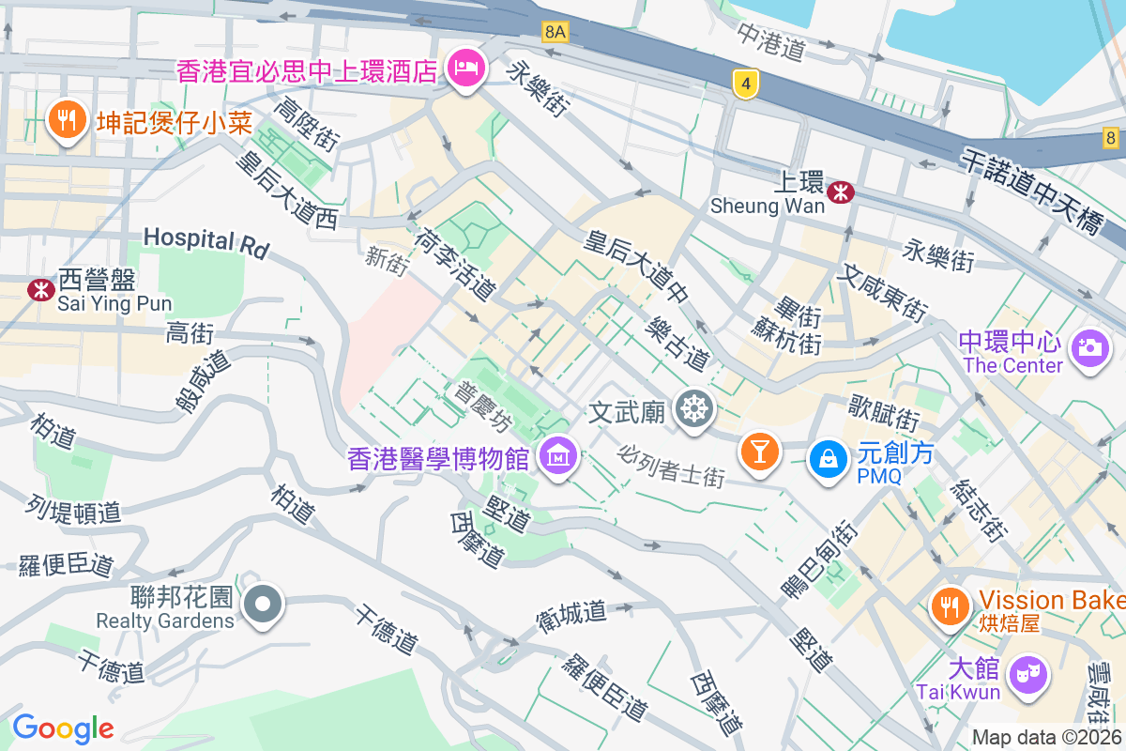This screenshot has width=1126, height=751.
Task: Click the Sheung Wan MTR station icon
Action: click(x=842, y=192)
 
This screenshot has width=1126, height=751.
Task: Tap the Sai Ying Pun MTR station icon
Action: click(x=41, y=289)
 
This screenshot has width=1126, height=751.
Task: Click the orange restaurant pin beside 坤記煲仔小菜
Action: click(x=66, y=122)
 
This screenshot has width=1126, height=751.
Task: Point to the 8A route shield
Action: click(x=555, y=32)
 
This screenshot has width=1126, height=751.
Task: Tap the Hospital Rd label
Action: click(x=206, y=241)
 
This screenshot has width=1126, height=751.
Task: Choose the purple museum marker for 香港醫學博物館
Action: click(x=558, y=457)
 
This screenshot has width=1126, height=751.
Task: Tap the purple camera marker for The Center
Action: click(x=1089, y=349)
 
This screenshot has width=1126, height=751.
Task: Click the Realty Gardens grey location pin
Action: click(x=263, y=605)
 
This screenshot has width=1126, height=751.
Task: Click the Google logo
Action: click(x=63, y=728)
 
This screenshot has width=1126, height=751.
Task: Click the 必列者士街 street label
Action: click(x=672, y=466)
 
